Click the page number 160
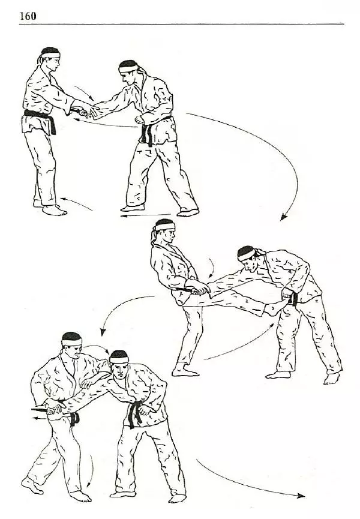click(x=28, y=16)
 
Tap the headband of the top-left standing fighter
click(x=50, y=55)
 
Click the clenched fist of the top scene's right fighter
click(x=139, y=119)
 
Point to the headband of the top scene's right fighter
click(x=128, y=68)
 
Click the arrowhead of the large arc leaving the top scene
click(x=283, y=217)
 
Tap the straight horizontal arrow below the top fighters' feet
click(x=145, y=215)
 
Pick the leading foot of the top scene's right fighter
click(x=133, y=208)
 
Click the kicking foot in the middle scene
click(x=274, y=307)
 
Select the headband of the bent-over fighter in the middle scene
click(x=247, y=254)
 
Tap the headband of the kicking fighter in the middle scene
click(x=165, y=227)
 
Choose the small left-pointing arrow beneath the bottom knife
click(x=40, y=418)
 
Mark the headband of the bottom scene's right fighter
click(x=119, y=360)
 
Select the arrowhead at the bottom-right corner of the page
click(x=301, y=496)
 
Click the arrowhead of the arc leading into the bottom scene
click(x=103, y=332)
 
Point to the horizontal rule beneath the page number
click(x=182, y=24)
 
